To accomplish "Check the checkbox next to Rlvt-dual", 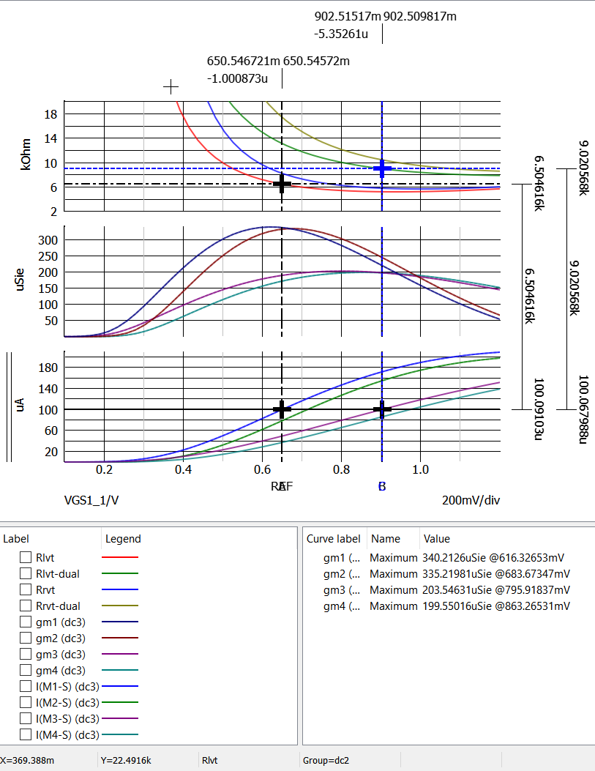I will [26, 574].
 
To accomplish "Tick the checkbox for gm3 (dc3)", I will [26, 655].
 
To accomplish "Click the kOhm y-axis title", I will [27, 157].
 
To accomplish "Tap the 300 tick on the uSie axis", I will [49, 240].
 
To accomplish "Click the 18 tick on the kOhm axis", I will [50, 114].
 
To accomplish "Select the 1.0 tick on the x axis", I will [420, 469].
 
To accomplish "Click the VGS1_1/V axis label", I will [91, 500].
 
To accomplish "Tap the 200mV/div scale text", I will [471, 500].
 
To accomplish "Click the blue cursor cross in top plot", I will [382, 168].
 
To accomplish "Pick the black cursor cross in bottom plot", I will [282, 409].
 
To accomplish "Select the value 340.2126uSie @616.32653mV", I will [493, 558].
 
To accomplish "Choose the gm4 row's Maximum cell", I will [392, 606].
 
